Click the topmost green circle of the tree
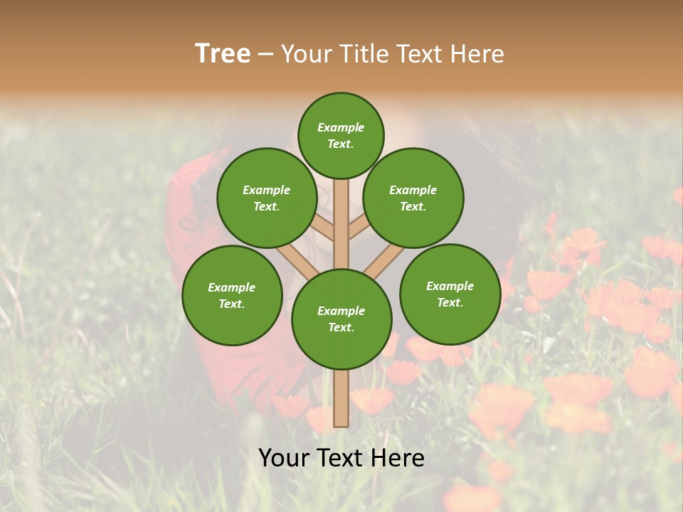(341, 135)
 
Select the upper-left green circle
(266, 198)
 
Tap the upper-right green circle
(413, 198)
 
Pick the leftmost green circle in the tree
(232, 295)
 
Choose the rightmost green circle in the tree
(450, 294)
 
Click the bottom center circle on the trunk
(341, 319)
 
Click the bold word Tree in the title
(223, 53)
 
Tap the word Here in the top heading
(477, 53)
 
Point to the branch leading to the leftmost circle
(296, 260)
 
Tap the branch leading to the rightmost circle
(384, 260)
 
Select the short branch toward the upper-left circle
(323, 228)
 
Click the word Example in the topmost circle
(341, 127)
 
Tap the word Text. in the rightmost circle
(450, 302)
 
